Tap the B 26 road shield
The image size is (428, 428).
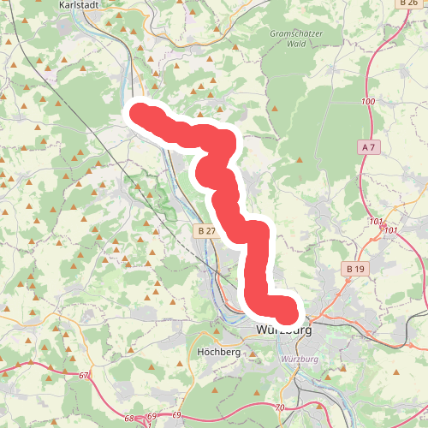coord(408,3)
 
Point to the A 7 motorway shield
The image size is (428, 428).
coord(369,148)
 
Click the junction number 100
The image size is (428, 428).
coord(368,103)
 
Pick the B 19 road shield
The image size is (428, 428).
coord(355,269)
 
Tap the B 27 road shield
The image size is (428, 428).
coord(205,230)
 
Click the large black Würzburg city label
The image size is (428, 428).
coord(283,330)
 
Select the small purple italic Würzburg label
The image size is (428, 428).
coord(299,360)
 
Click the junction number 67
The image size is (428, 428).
coord(83,376)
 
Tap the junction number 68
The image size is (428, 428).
coord(129,419)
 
